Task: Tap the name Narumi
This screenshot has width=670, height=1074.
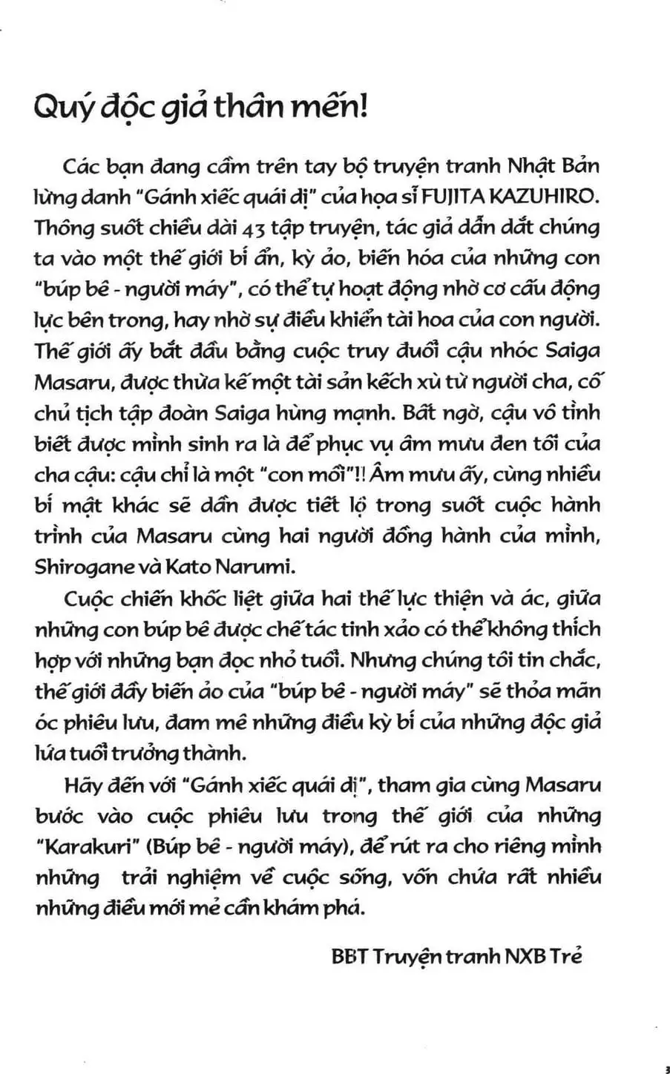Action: [243, 568]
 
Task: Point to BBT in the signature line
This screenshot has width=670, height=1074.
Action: [349, 955]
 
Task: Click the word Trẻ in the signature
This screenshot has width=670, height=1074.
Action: [565, 955]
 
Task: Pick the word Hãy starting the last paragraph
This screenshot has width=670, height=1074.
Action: [82, 785]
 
